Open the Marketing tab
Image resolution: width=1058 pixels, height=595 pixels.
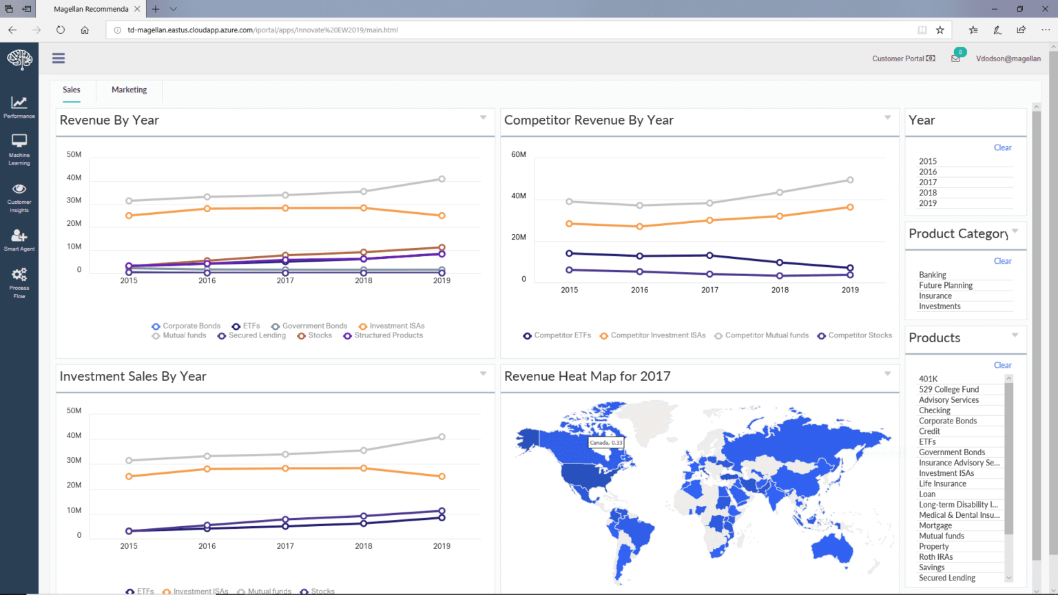tap(129, 90)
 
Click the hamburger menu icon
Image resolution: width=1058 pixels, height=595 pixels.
tap(59, 59)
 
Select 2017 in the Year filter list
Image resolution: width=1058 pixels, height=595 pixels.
tap(928, 182)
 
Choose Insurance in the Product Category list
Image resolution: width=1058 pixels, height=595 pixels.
tap(935, 296)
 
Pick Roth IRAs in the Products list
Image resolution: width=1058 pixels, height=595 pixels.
tap(935, 557)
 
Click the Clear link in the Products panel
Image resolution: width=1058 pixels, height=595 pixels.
tap(1002, 365)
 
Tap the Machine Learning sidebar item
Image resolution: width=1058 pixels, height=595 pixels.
tap(19, 149)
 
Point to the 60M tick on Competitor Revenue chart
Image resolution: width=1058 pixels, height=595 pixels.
tap(518, 155)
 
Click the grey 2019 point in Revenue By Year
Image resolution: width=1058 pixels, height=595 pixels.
tap(442, 179)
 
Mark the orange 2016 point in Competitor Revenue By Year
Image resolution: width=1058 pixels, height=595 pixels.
tap(639, 227)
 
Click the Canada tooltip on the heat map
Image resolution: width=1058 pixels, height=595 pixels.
tap(605, 443)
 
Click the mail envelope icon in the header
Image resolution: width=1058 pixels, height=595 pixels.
tap(955, 59)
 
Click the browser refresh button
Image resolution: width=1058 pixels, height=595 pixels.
tap(61, 30)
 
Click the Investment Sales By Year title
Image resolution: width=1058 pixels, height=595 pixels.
tap(133, 377)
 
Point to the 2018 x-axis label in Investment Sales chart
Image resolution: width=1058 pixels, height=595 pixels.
tap(363, 546)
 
